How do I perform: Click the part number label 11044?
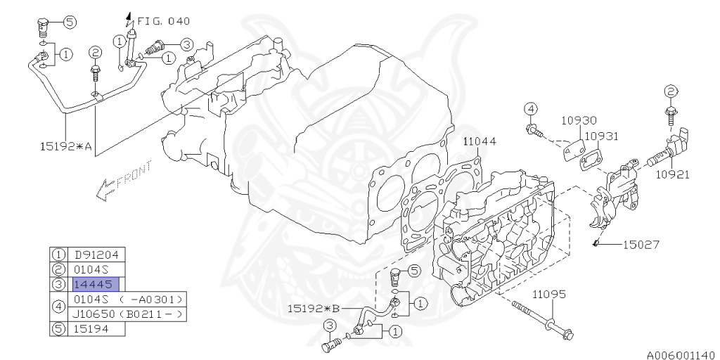[480, 141]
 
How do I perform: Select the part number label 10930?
[579, 121]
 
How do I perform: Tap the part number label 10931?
[602, 136]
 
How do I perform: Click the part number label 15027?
[640, 245]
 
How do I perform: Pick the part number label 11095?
[550, 294]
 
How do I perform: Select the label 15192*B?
[314, 308]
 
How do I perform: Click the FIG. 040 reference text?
[163, 21]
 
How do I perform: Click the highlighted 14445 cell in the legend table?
[95, 284]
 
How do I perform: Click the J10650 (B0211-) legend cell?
[128, 314]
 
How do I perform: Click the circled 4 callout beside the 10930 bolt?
[531, 108]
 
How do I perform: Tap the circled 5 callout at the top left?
[70, 22]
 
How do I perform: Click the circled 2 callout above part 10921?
[671, 91]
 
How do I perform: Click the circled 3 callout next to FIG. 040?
[186, 44]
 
